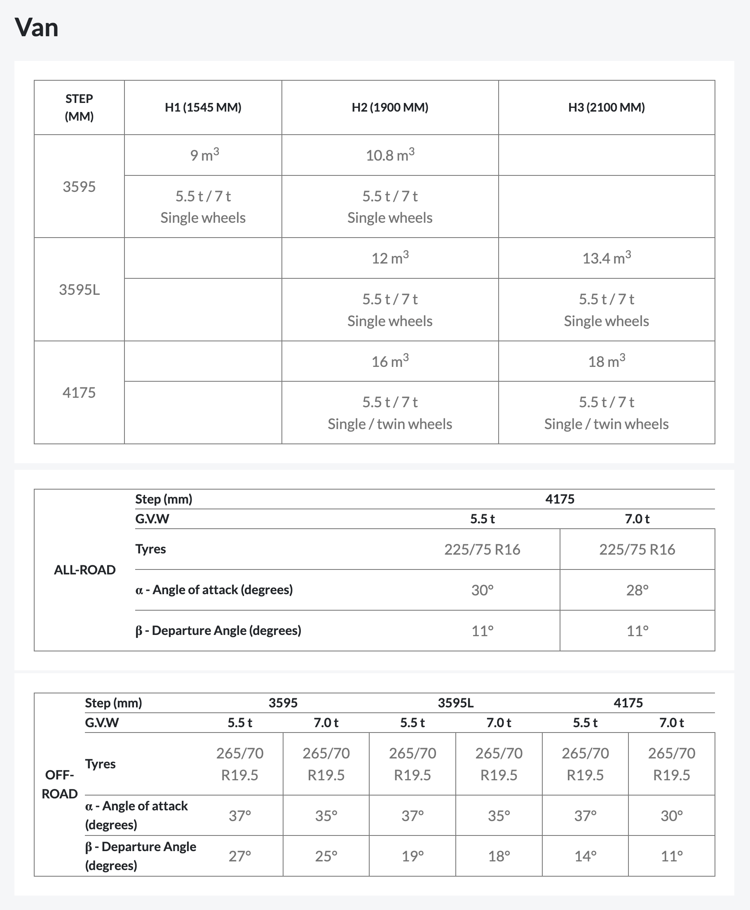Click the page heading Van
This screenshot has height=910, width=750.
coord(36,28)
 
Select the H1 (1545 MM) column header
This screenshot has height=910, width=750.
coord(203,107)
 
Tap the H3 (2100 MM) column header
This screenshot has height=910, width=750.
coord(606,107)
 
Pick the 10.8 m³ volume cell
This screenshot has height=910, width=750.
coord(390,155)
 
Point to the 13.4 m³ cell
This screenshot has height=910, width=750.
coord(606,258)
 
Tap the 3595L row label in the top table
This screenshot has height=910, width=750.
coord(79,289)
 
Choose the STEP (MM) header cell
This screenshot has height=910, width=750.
coord(79,107)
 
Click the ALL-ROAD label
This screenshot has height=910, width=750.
coord(84,570)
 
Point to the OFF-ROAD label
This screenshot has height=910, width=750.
coord(60,784)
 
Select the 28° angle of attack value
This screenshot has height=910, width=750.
coord(637,590)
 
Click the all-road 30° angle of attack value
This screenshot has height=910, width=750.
coord(482,590)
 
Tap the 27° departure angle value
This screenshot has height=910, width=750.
coord(240,856)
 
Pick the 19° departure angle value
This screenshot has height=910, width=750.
coord(412,856)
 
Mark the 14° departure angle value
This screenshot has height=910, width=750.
coord(585,856)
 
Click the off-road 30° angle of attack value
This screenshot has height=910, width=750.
coord(671,815)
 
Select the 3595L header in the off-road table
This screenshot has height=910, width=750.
coord(455,703)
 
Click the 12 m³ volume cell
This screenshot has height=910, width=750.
coord(390,258)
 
